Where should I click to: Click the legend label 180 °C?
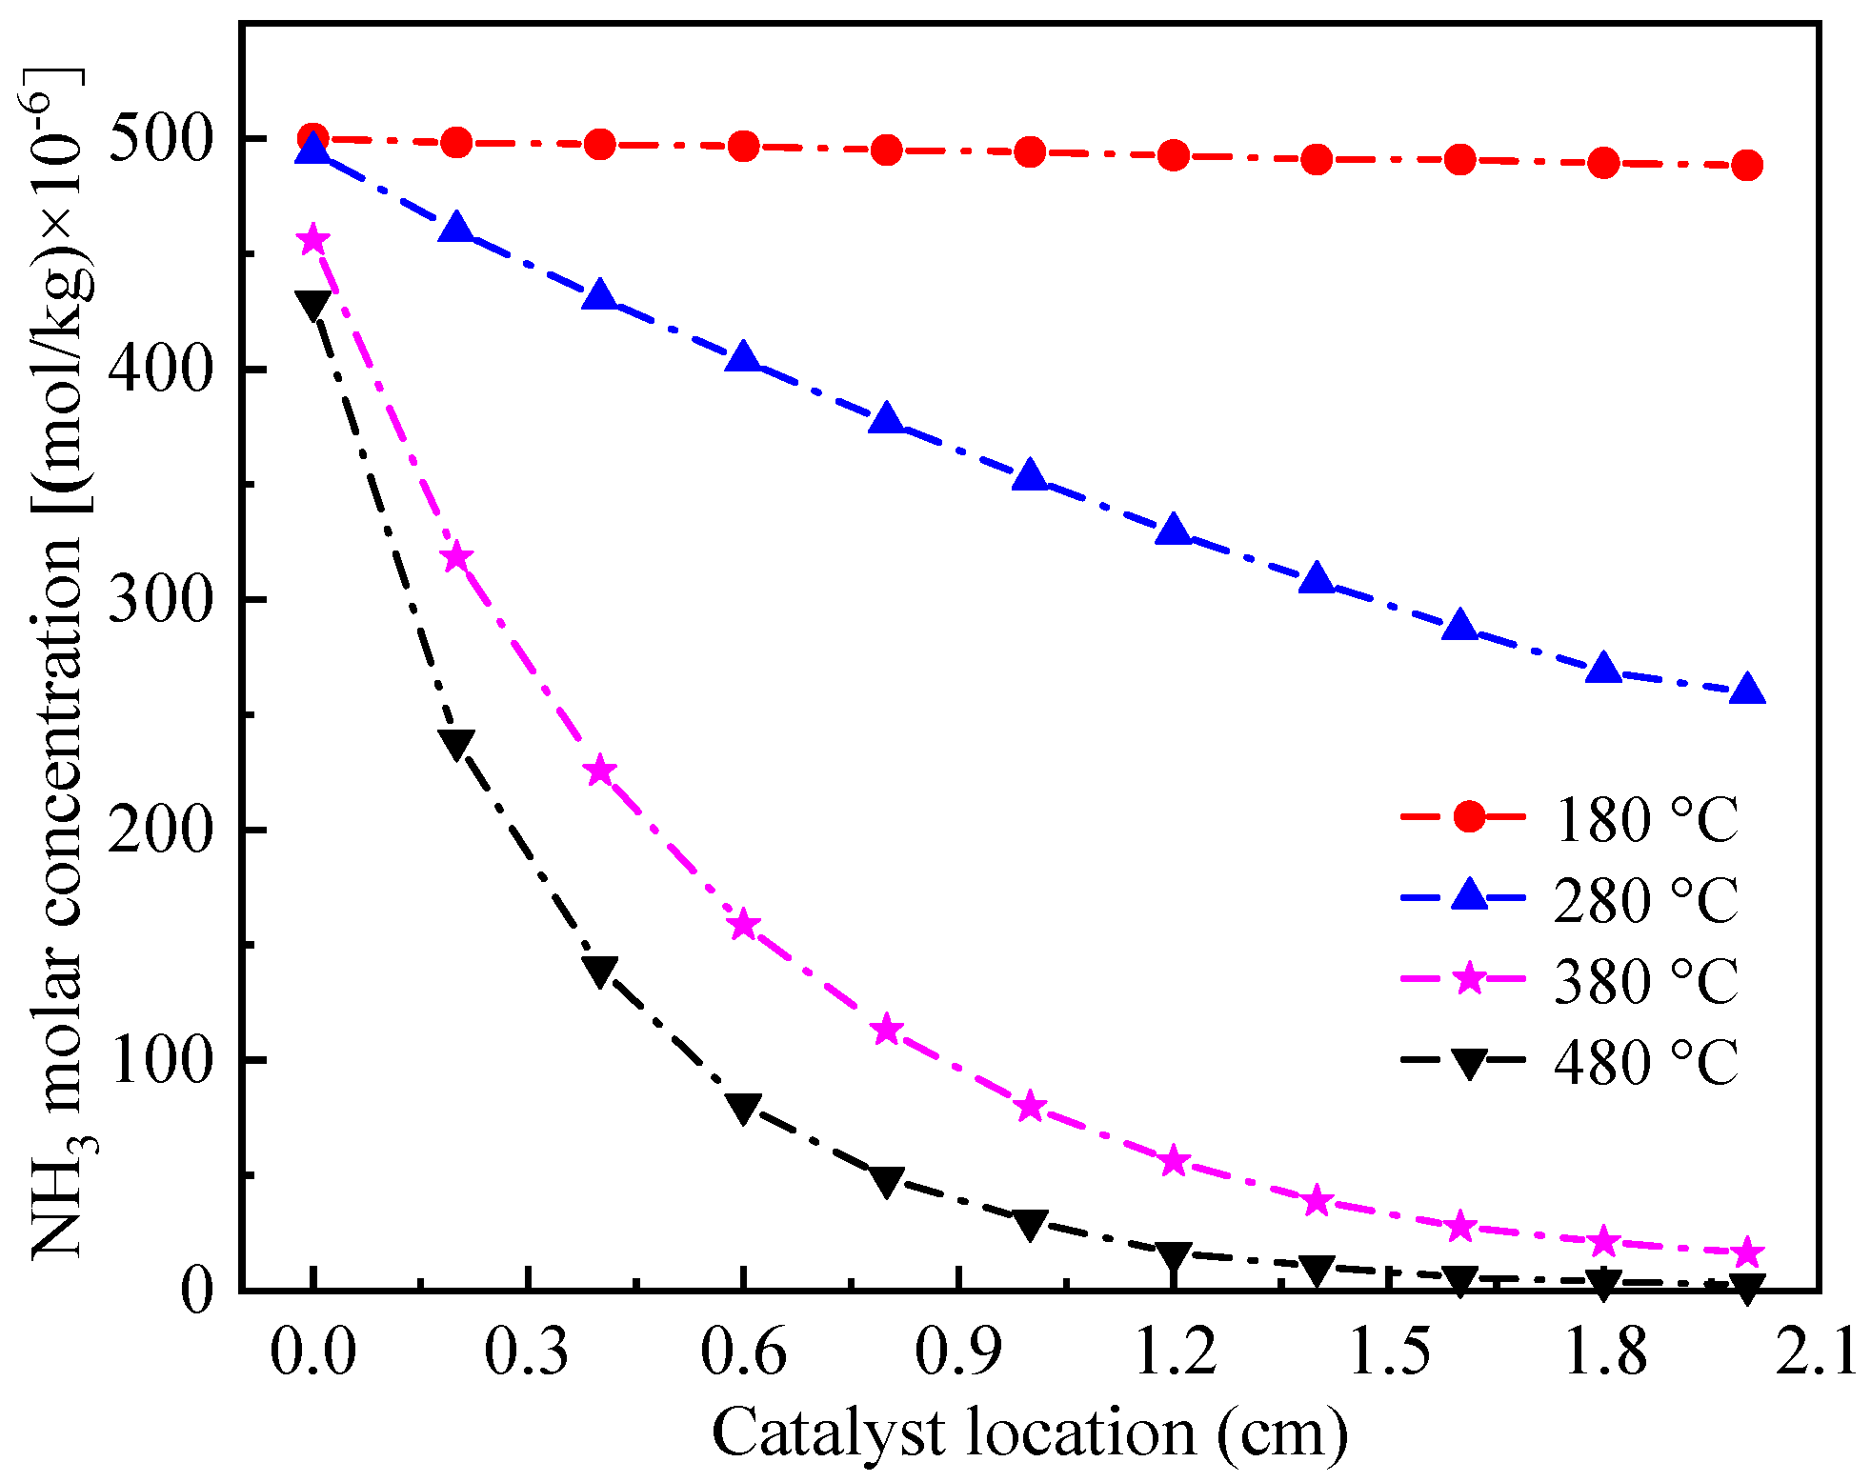[1645, 819]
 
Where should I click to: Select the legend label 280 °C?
[1645, 900]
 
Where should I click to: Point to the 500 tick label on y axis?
[158, 139]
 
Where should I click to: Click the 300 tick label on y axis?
[158, 600]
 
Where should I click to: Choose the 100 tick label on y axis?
[158, 1060]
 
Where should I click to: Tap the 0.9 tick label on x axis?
[957, 1352]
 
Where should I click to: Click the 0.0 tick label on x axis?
[312, 1352]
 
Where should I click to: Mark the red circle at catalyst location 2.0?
[1746, 165]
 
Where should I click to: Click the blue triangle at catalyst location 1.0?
[1030, 475]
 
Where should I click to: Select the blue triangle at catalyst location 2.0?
[1746, 690]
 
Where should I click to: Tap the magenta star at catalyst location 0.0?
[312, 240]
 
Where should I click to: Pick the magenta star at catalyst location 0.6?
[743, 925]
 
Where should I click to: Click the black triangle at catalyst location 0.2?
[456, 743]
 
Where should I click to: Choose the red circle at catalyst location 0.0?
[312, 139]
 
